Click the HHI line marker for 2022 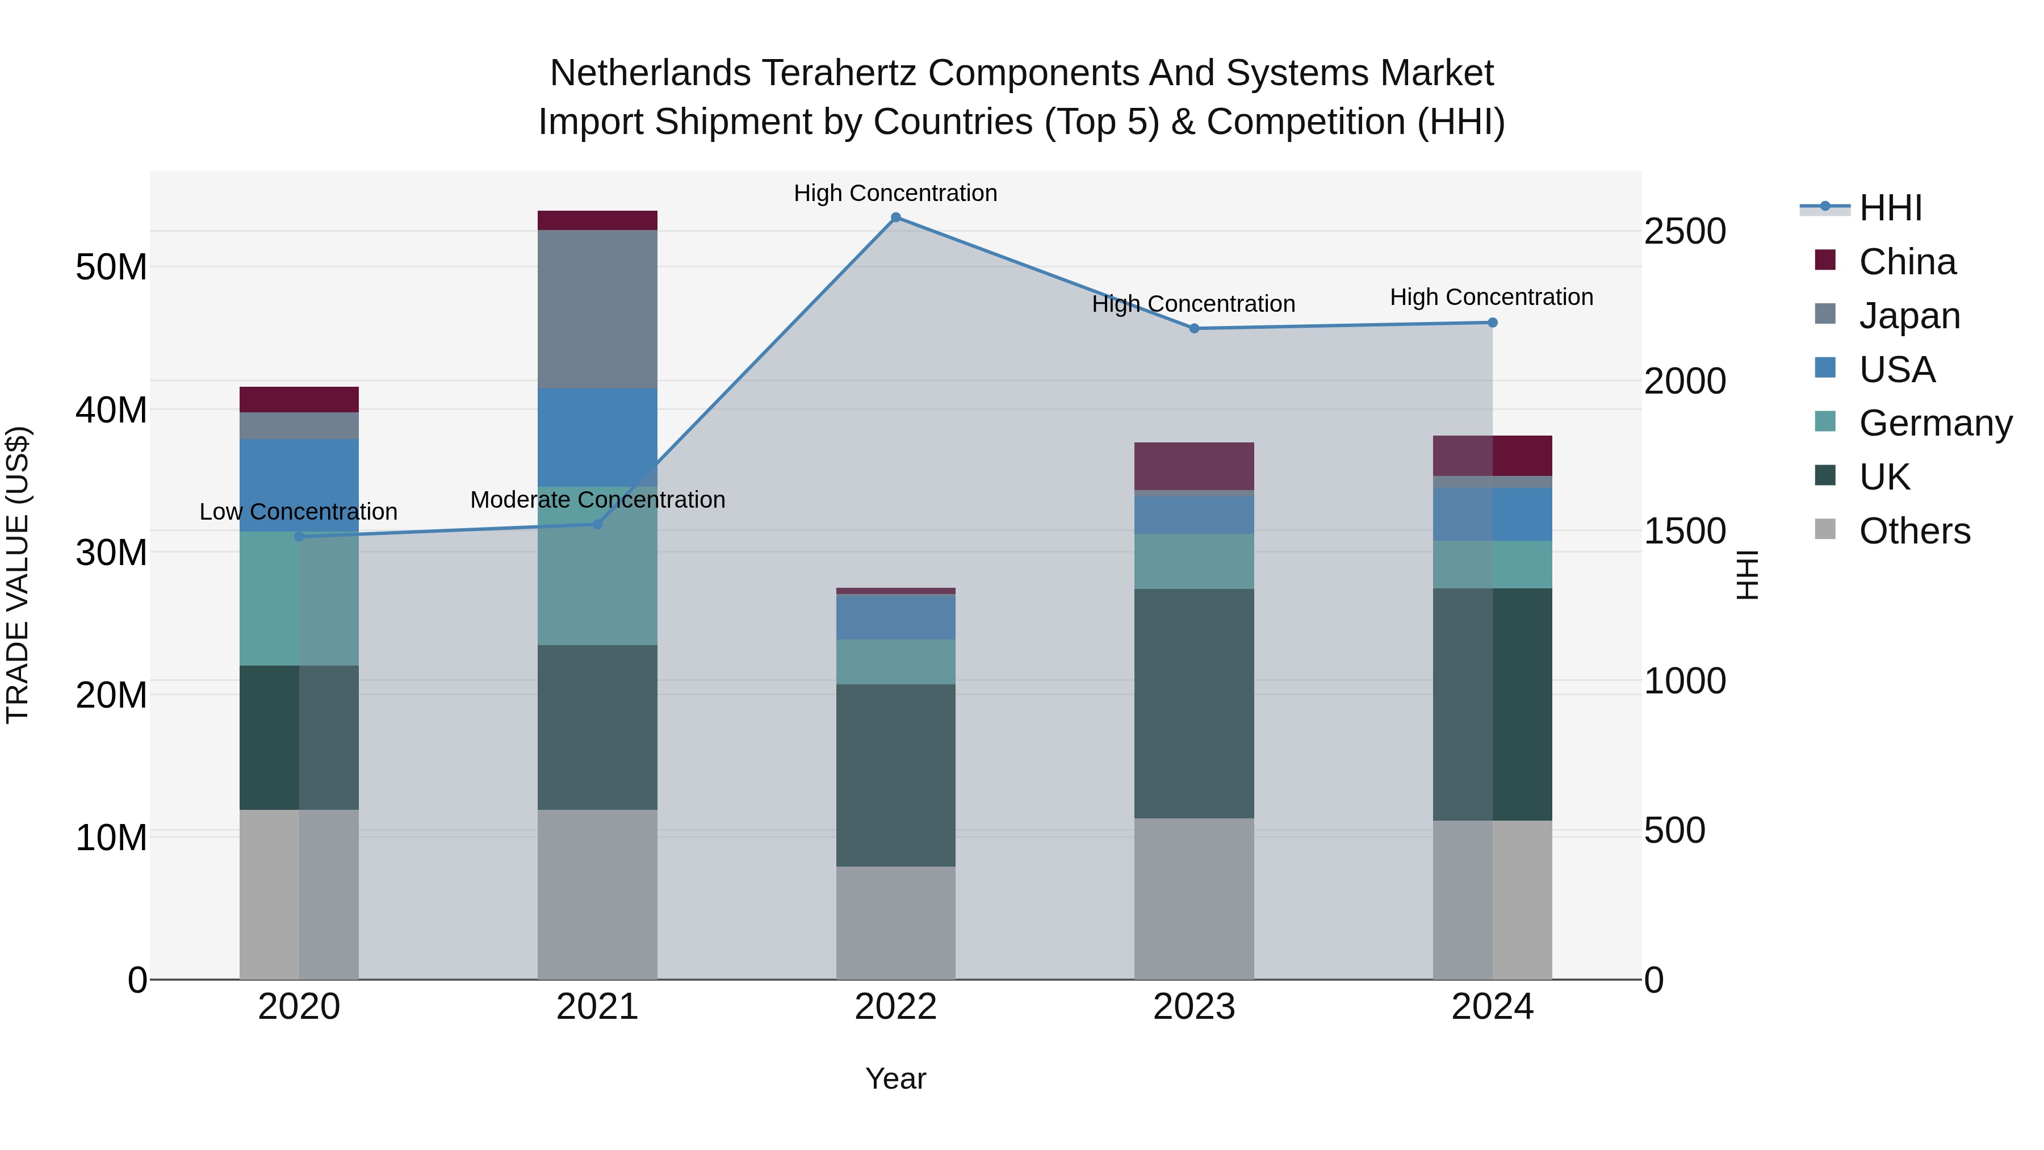coord(896,218)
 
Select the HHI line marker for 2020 coord(299,537)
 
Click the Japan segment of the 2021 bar coord(597,309)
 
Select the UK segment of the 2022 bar coord(896,775)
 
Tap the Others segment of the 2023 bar coord(1194,898)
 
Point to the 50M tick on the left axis coord(111,267)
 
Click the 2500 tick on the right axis coord(1684,232)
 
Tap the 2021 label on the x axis coord(597,1007)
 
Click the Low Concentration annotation coord(298,512)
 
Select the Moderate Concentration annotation coord(597,500)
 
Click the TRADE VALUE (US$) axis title coord(18,575)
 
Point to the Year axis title coord(896,1078)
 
